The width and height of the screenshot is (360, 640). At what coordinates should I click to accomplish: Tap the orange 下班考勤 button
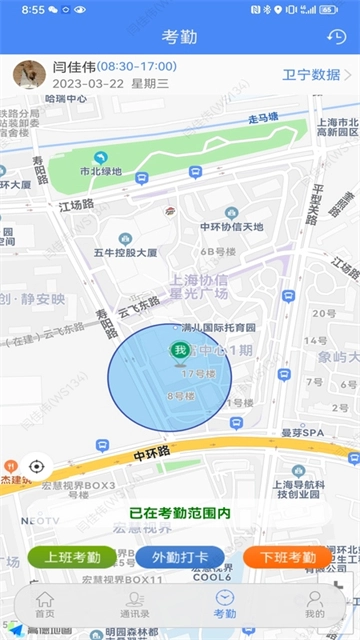[287, 557]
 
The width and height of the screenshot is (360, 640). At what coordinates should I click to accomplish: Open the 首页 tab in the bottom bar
[45, 604]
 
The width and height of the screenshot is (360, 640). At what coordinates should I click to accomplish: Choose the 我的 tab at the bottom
[315, 604]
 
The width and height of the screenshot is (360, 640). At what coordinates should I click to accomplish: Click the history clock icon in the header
[337, 37]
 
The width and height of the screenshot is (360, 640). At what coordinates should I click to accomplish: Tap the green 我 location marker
[179, 350]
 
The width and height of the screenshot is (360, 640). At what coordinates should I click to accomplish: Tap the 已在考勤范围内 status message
[180, 513]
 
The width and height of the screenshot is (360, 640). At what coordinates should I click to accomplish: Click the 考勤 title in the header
[180, 37]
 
